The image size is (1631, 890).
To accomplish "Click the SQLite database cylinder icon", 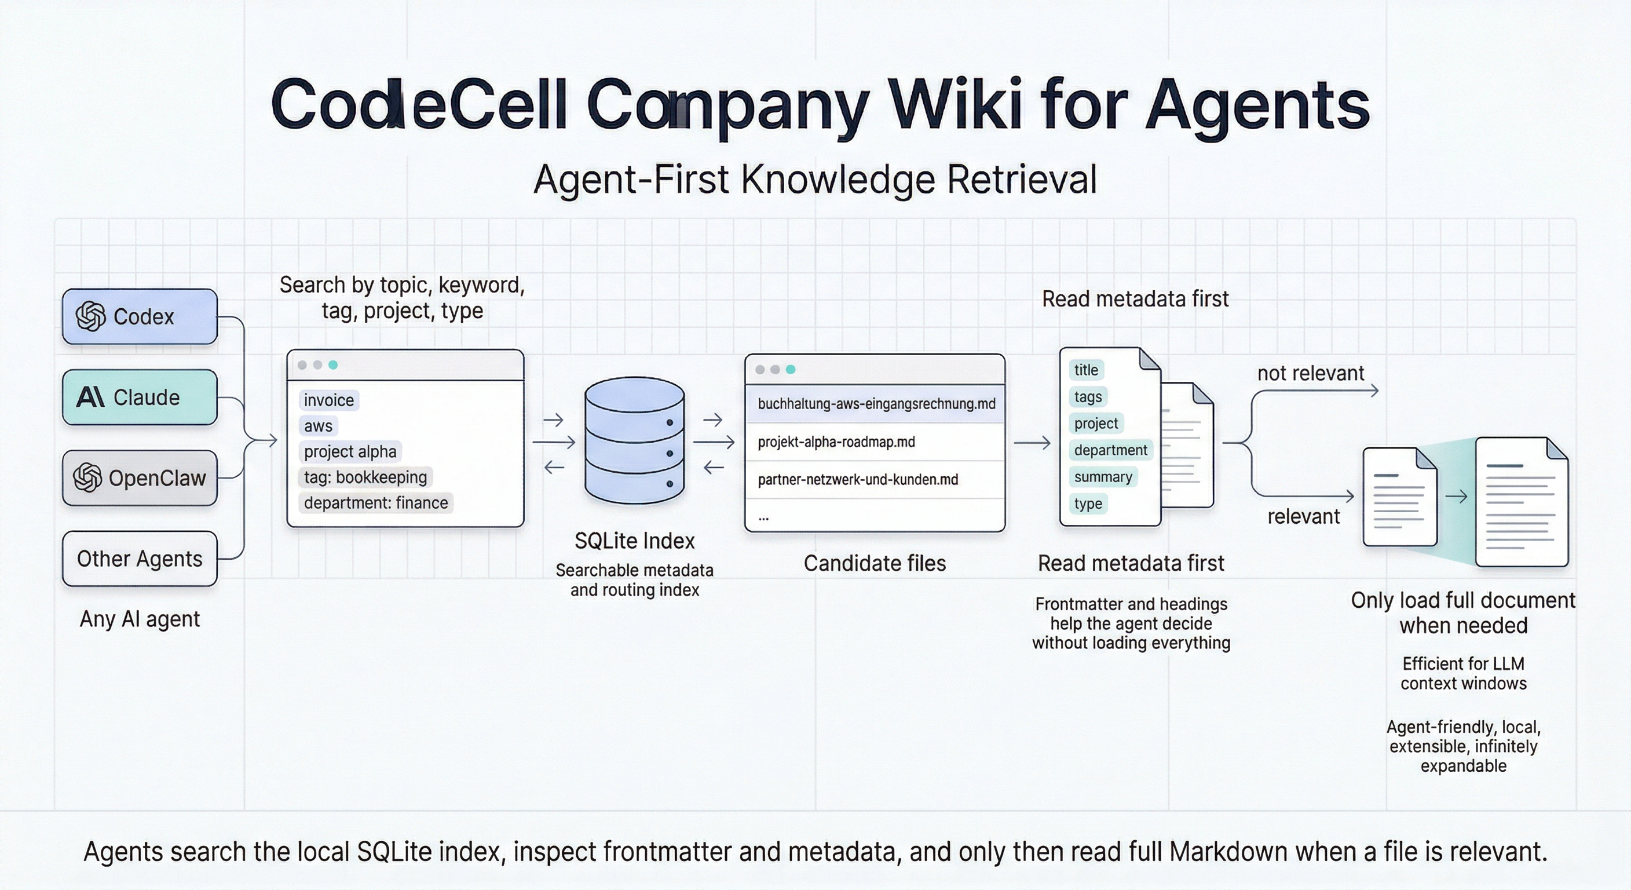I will (x=634, y=440).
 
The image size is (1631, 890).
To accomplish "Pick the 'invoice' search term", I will (x=328, y=400).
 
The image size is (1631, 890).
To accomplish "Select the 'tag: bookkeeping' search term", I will (x=365, y=477).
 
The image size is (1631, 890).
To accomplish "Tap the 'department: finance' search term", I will (x=375, y=503).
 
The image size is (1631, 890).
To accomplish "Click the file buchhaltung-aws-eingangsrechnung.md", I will (x=876, y=403).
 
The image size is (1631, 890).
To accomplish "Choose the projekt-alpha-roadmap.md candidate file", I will (x=836, y=442).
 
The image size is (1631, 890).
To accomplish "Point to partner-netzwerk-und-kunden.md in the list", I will (x=858, y=480).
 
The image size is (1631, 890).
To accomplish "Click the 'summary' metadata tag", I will (x=1103, y=477).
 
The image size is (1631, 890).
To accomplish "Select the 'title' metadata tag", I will (x=1086, y=370).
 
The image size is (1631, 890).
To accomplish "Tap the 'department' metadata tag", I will (x=1110, y=450).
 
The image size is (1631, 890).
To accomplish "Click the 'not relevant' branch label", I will (x=1311, y=373).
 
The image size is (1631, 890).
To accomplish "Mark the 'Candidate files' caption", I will (x=875, y=563).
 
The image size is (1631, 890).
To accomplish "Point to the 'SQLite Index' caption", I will (x=634, y=541).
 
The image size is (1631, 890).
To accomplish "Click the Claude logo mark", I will (x=90, y=397).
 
